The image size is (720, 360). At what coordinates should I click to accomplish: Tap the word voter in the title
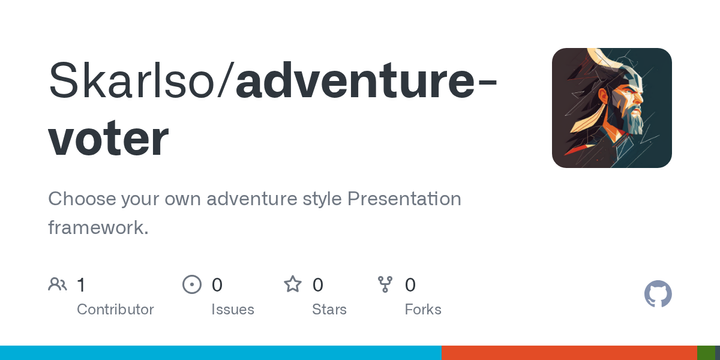point(108,138)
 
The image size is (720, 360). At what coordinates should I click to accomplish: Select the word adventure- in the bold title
point(366,82)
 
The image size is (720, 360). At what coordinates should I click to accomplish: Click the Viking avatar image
point(612,108)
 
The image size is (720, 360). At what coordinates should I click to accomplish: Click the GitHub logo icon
point(658,294)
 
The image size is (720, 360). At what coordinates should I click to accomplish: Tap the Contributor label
point(115,309)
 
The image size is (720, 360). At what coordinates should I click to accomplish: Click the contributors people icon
point(58,285)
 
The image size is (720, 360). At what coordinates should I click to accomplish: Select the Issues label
point(232,309)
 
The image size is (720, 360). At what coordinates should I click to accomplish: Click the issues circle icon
point(192,285)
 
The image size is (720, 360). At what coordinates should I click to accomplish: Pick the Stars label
point(329,309)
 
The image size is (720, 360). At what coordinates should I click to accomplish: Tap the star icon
point(293,285)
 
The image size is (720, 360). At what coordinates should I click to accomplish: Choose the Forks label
point(423,309)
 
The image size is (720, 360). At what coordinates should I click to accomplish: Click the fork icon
point(385,285)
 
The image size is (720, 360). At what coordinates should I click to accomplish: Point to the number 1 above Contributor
point(81,285)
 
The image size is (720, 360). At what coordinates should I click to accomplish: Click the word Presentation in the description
point(404,199)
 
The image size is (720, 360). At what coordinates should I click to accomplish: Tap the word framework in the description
point(95,227)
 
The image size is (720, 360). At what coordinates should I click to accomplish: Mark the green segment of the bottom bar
point(708,353)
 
